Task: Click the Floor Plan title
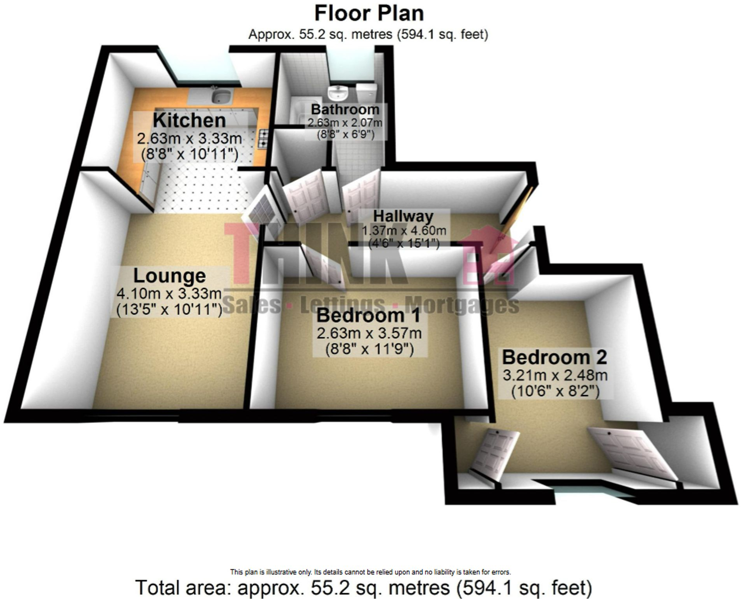[369, 14]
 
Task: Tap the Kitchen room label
[189, 120]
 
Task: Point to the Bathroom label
[345, 109]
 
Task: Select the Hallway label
[403, 216]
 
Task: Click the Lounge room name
[169, 276]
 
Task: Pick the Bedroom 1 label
[368, 316]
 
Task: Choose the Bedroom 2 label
[554, 357]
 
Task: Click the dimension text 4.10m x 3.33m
[169, 293]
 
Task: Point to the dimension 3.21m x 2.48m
[555, 376]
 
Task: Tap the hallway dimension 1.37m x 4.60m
[404, 231]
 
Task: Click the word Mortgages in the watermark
[462, 305]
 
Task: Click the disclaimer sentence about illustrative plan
[370, 572]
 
